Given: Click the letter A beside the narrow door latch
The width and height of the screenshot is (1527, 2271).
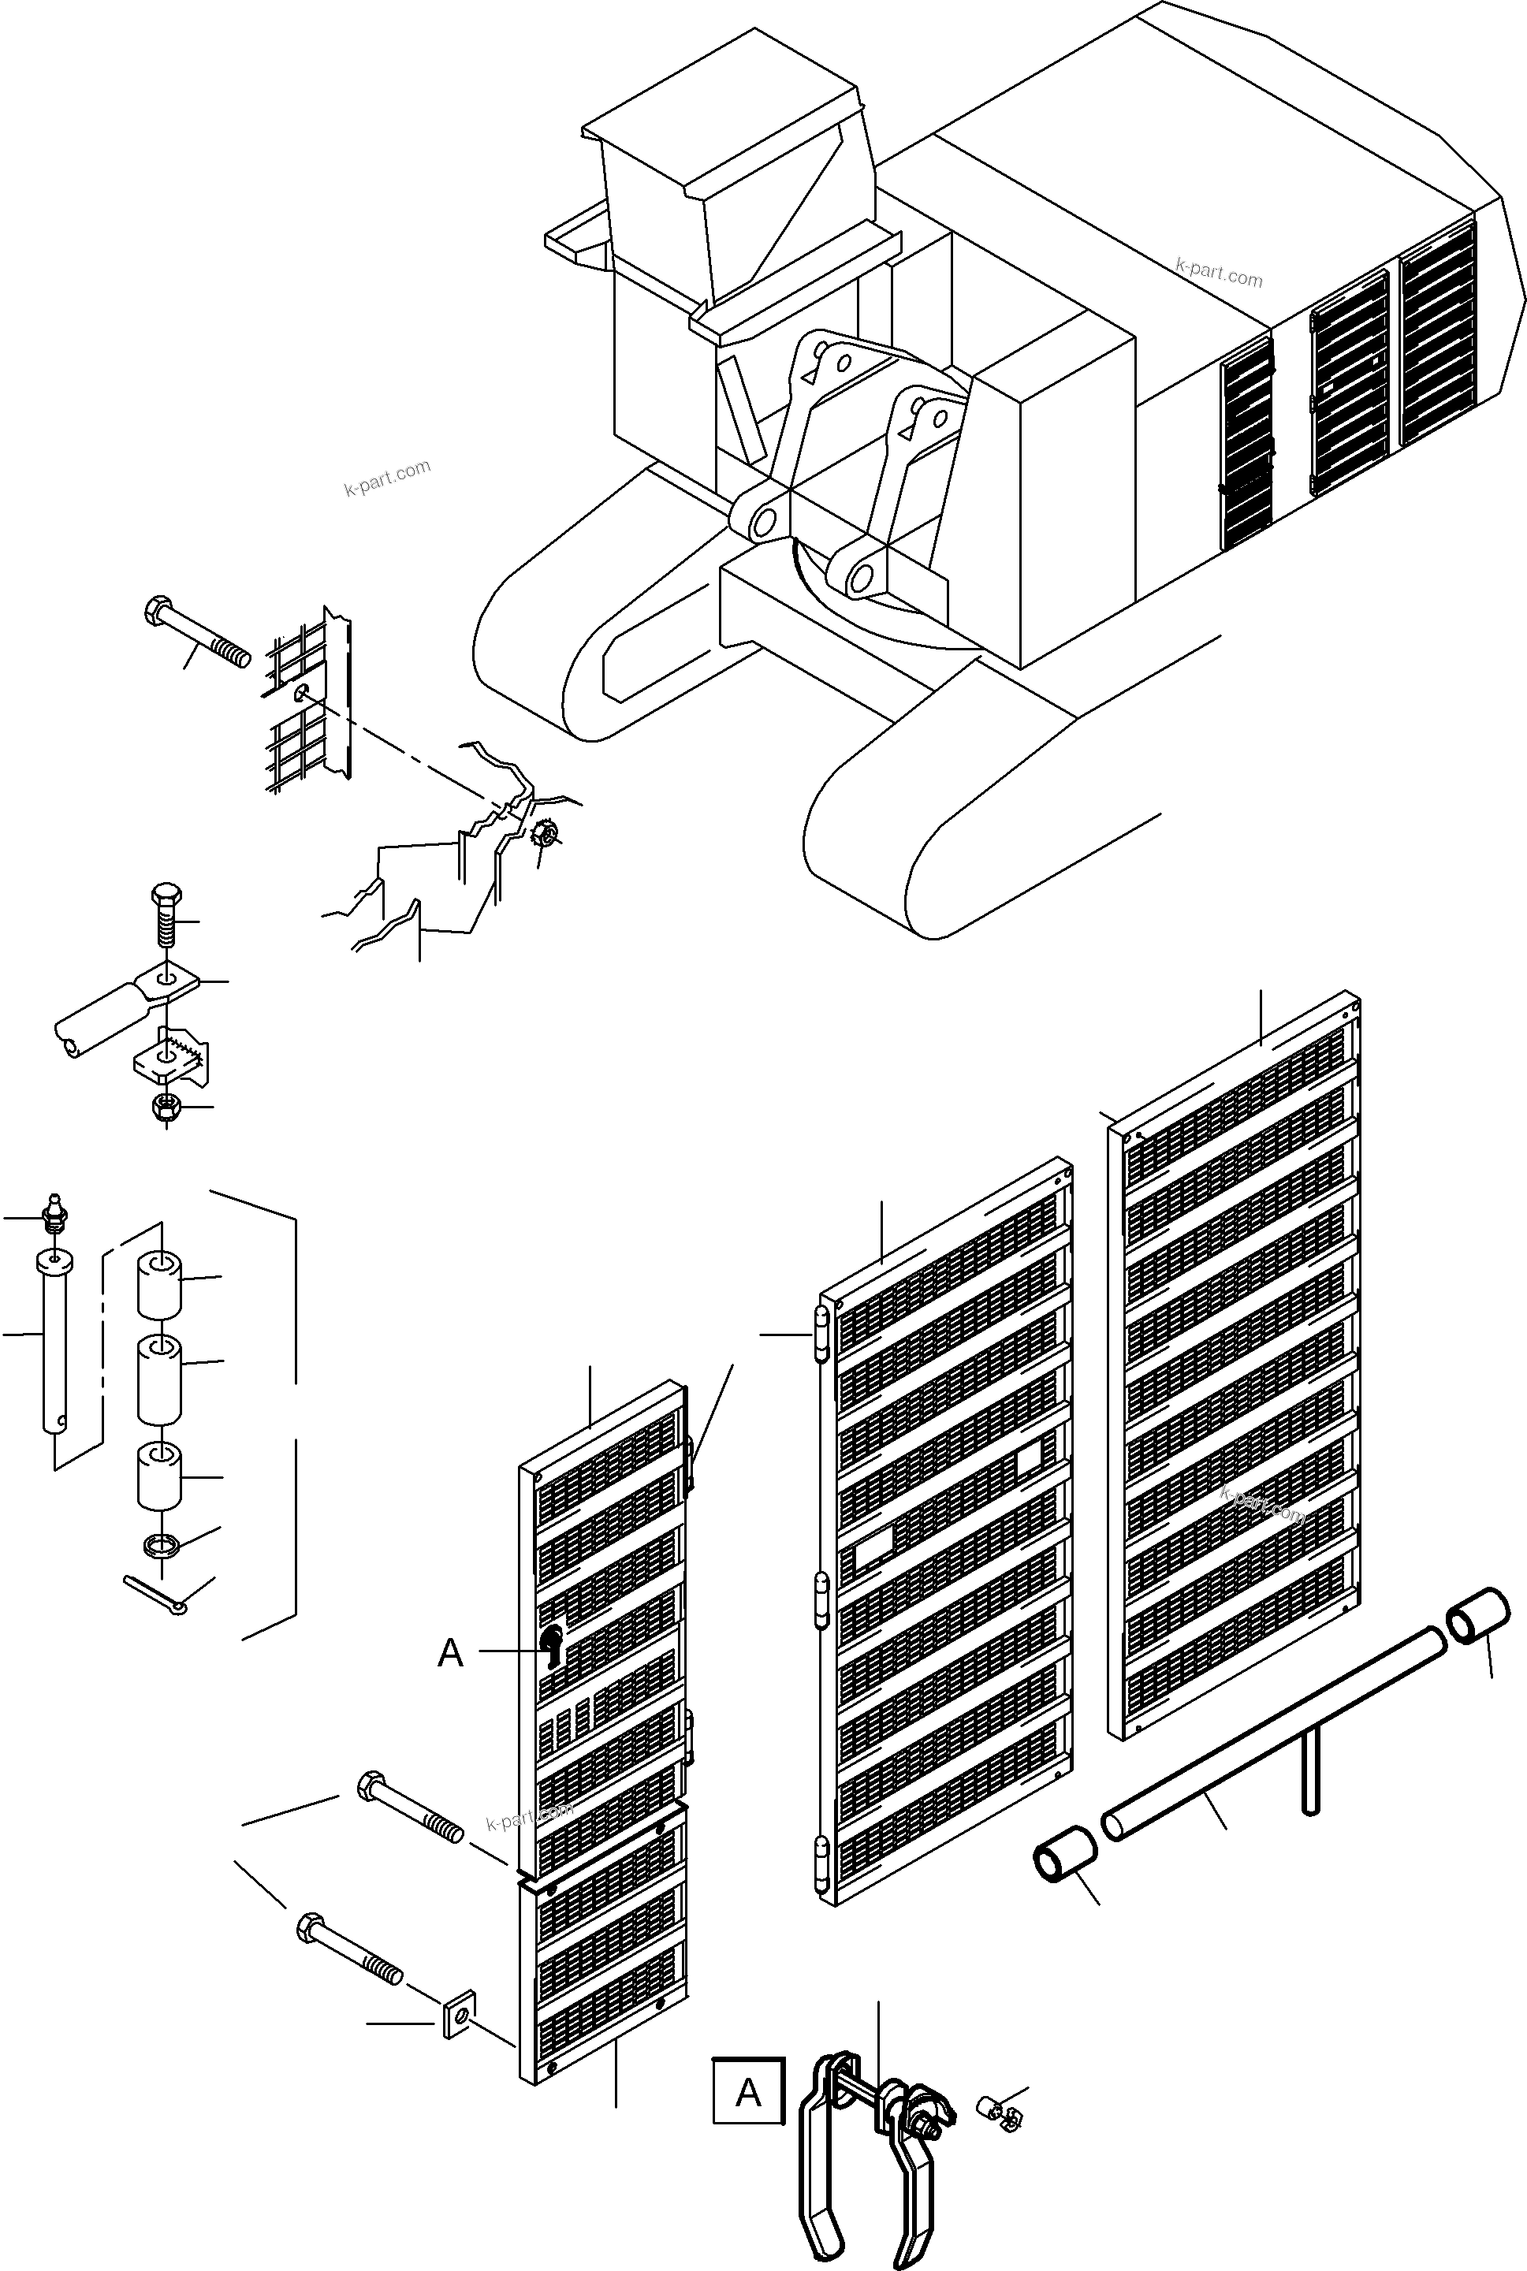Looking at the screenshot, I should pos(450,1653).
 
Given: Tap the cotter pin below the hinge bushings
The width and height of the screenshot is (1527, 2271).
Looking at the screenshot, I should pos(156,1593).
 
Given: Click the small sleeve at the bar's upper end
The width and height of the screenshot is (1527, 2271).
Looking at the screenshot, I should pos(1479,1618).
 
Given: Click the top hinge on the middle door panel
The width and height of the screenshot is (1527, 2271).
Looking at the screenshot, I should pos(820,1332).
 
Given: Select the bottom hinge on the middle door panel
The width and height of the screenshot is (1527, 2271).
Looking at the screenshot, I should pos(820,1862).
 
